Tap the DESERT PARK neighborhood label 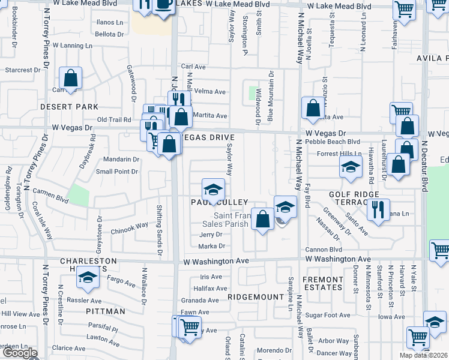[x=68, y=107]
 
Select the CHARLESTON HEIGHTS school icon [x=88, y=280]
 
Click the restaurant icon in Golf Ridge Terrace [x=378, y=210]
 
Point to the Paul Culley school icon [x=212, y=191]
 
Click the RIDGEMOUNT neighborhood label [x=256, y=297]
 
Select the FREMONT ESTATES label [x=323, y=284]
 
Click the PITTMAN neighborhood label [x=105, y=311]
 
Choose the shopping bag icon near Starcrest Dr [x=71, y=79]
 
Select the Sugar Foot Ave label [x=327, y=315]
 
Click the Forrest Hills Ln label [x=327, y=154]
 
